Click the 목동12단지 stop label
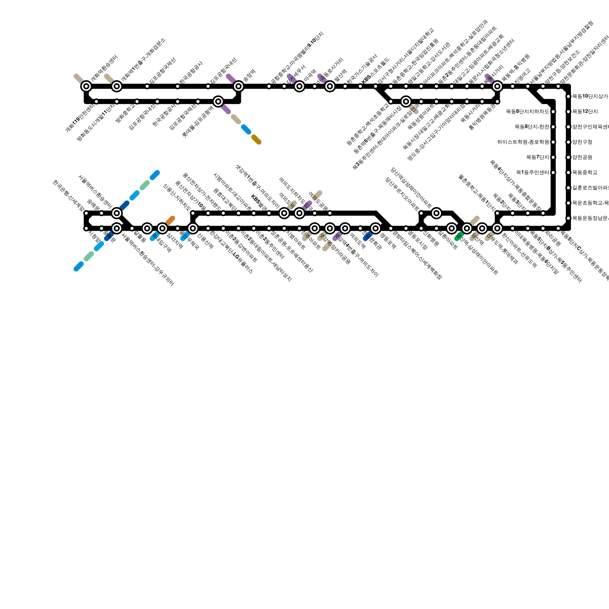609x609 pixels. click(x=585, y=112)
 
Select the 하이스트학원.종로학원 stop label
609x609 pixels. click(x=523, y=142)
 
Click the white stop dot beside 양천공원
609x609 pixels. click(x=568, y=157)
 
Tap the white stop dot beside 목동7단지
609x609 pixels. click(x=553, y=157)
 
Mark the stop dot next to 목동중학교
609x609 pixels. click(x=568, y=172)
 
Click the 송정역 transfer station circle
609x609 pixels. click(x=239, y=86)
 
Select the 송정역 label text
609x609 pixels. click(x=249, y=76)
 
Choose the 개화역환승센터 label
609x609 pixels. click(x=104, y=69)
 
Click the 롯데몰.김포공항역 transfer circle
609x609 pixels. click(x=218, y=101)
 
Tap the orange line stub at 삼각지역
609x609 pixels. click(x=170, y=220)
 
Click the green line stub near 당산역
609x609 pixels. click(x=459, y=236)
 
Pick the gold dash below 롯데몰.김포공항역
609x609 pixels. click(x=257, y=140)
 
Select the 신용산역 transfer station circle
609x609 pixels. click(x=193, y=228)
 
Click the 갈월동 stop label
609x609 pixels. click(x=139, y=238)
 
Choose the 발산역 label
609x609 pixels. click(x=340, y=75)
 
